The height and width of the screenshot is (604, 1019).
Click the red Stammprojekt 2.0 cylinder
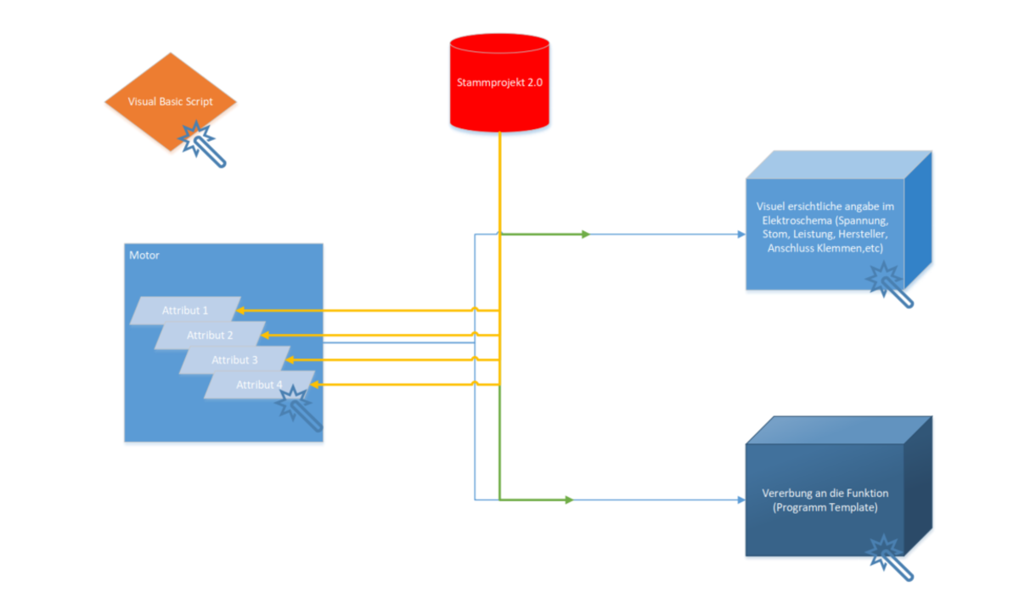(499, 83)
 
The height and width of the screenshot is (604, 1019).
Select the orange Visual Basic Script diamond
(170, 101)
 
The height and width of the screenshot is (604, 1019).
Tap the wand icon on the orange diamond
(203, 143)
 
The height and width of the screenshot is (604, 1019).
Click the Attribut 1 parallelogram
(185, 311)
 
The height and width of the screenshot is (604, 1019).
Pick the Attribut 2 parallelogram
(210, 336)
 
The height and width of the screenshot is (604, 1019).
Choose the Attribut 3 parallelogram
(234, 360)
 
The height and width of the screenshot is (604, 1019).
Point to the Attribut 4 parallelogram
(255, 385)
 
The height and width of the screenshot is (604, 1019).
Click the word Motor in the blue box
(144, 255)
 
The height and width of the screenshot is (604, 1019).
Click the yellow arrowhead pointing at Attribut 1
(239, 311)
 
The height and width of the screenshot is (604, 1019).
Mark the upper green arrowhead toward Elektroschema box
(585, 234)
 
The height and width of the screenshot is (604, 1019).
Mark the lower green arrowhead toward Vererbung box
(569, 500)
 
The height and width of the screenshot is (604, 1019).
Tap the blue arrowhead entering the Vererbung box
(741, 500)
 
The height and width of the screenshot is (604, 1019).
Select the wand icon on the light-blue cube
(891, 284)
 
